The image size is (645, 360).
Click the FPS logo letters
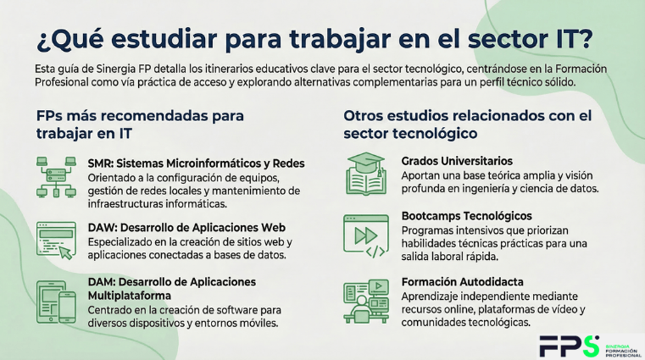(x=568, y=345)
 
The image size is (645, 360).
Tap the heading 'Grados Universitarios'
(x=457, y=161)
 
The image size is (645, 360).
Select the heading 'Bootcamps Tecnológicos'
(x=466, y=216)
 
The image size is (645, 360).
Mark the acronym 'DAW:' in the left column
(x=103, y=227)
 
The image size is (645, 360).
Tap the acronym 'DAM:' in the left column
(x=103, y=281)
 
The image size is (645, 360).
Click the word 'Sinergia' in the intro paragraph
(x=118, y=68)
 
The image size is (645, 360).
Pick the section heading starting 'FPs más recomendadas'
(x=140, y=124)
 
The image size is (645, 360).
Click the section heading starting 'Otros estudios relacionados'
(x=467, y=124)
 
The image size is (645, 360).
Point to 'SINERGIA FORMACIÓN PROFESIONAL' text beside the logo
(x=620, y=346)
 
